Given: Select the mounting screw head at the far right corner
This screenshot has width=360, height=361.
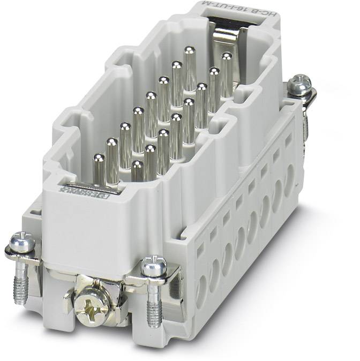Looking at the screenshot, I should (299, 85).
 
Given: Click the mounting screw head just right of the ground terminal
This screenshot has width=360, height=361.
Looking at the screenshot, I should (154, 266).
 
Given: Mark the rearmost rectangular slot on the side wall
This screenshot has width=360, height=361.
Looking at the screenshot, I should (289, 141).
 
